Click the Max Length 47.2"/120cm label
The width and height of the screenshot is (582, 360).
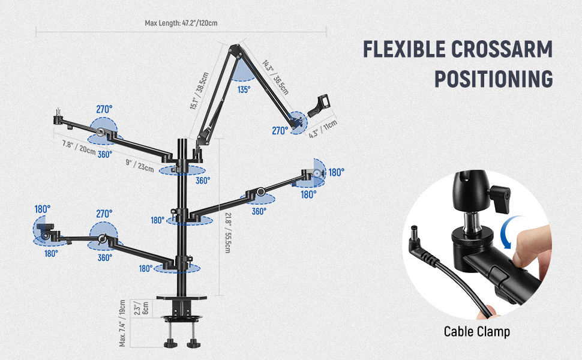[x=181, y=23]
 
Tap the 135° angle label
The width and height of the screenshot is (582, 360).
[x=244, y=89]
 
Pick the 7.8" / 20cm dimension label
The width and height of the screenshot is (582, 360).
[x=79, y=147]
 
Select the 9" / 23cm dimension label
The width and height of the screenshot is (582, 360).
[x=140, y=164]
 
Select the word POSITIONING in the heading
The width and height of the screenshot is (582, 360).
[x=493, y=79]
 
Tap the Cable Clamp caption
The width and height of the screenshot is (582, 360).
[x=476, y=331]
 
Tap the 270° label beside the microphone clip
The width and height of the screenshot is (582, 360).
[x=280, y=130]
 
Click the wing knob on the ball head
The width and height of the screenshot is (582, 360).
[x=500, y=196]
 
